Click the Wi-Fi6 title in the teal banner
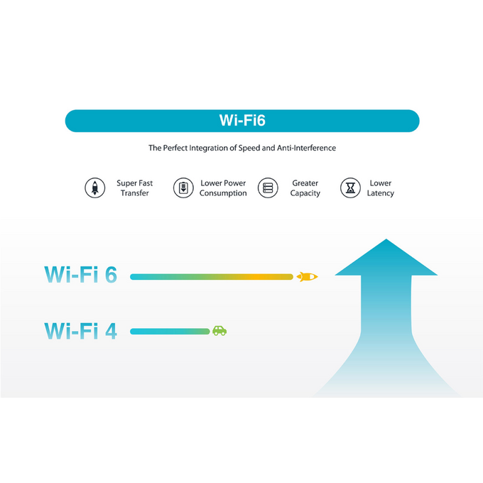pyautogui.click(x=242, y=121)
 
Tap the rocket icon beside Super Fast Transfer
pyautogui.click(x=94, y=188)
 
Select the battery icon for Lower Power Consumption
pyautogui.click(x=183, y=188)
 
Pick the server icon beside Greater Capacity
pyautogui.click(x=268, y=188)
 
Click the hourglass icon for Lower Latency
pyautogui.click(x=350, y=188)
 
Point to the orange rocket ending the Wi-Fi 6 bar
pyautogui.click(x=307, y=276)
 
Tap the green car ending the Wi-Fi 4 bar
pyautogui.click(x=219, y=331)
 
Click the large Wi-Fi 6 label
pyautogui.click(x=80, y=275)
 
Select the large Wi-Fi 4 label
pyautogui.click(x=80, y=330)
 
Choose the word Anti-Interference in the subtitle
pyautogui.click(x=308, y=148)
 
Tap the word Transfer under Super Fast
pyautogui.click(x=135, y=193)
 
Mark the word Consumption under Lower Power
pyautogui.click(x=223, y=193)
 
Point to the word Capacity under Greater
pyautogui.click(x=305, y=193)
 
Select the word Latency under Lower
pyautogui.click(x=381, y=193)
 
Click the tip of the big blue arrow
pyautogui.click(x=386, y=241)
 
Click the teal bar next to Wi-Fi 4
pyautogui.click(x=170, y=331)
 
